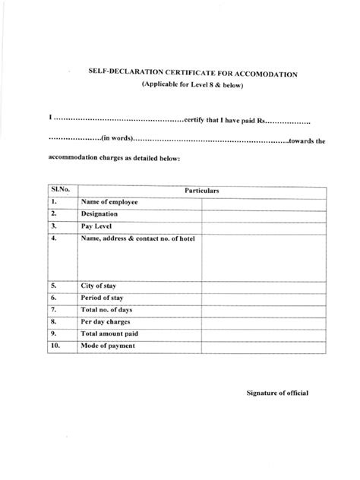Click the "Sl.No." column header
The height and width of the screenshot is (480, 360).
tap(60, 190)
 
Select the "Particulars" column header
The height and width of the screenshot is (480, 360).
tap(200, 191)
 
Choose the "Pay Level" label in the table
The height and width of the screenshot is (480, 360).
tap(97, 226)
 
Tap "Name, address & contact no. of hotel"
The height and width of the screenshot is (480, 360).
tap(137, 238)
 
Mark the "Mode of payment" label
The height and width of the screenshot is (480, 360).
tap(109, 346)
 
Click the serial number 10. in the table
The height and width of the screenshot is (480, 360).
tap(55, 346)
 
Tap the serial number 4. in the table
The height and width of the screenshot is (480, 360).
tap(54, 238)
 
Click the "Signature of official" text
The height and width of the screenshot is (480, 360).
tap(277, 393)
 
